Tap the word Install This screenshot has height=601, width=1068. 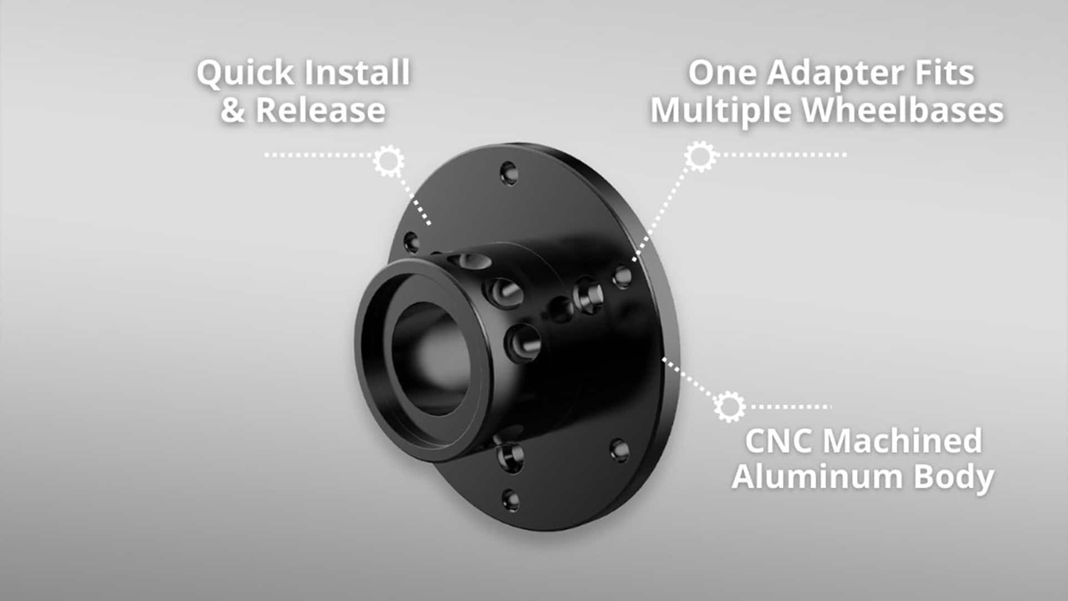pyautogui.click(x=355, y=73)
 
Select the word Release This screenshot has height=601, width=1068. pyautogui.click(x=320, y=110)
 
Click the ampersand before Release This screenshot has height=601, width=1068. pyautogui.click(x=232, y=110)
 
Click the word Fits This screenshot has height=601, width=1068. pyautogui.click(x=945, y=73)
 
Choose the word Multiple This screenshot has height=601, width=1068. pyautogui.click(x=721, y=111)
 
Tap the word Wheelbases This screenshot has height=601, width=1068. pyautogui.click(x=902, y=110)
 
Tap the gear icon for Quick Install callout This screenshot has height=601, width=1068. pyautogui.click(x=388, y=161)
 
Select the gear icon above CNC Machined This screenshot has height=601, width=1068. pyautogui.click(x=729, y=406)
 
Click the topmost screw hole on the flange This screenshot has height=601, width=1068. pyautogui.click(x=509, y=173)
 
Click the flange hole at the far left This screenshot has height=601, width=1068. pyautogui.click(x=411, y=242)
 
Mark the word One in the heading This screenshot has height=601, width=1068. pyautogui.click(x=723, y=73)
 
